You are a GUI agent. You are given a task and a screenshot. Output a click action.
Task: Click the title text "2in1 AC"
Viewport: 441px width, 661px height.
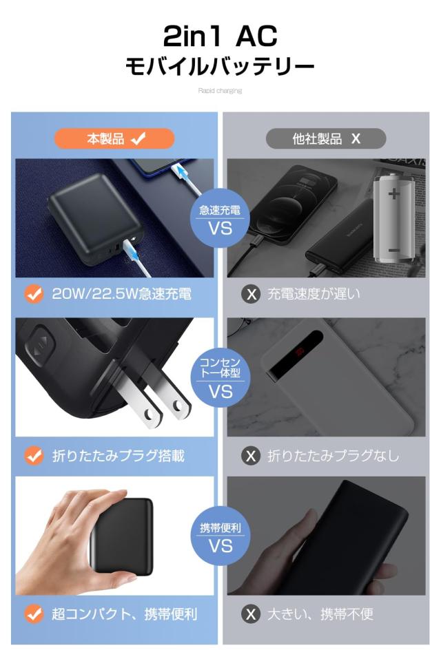click(x=220, y=34)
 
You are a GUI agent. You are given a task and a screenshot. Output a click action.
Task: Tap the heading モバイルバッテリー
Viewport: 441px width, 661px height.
click(x=220, y=67)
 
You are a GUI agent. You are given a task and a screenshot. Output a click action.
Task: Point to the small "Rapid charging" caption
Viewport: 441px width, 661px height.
click(x=220, y=91)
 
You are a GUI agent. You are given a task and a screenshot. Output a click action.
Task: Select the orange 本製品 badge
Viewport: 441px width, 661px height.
click(x=114, y=138)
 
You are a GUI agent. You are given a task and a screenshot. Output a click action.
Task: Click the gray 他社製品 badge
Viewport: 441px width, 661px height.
click(x=326, y=138)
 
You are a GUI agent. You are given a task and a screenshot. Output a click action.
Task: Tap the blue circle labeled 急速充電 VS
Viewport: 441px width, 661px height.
click(x=220, y=218)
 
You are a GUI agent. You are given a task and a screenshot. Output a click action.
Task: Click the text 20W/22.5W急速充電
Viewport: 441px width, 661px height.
click(x=122, y=294)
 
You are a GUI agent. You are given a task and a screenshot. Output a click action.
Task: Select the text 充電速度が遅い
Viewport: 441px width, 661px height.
click(x=314, y=294)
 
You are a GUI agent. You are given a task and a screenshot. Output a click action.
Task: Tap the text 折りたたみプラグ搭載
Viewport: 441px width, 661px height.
click(x=119, y=456)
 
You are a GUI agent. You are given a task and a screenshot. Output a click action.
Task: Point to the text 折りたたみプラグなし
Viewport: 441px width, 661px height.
click(x=333, y=456)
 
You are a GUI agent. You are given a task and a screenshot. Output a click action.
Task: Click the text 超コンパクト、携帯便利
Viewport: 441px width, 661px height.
click(x=125, y=614)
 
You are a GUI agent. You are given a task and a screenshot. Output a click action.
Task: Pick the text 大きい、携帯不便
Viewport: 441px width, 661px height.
click(x=320, y=614)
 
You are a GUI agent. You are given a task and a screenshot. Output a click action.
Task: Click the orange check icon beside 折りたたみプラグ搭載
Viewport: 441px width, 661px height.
click(x=34, y=456)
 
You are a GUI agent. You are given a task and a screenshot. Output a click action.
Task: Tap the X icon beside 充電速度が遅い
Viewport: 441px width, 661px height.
click(x=252, y=295)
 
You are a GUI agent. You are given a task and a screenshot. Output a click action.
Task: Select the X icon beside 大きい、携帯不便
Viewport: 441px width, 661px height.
click(x=252, y=614)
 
